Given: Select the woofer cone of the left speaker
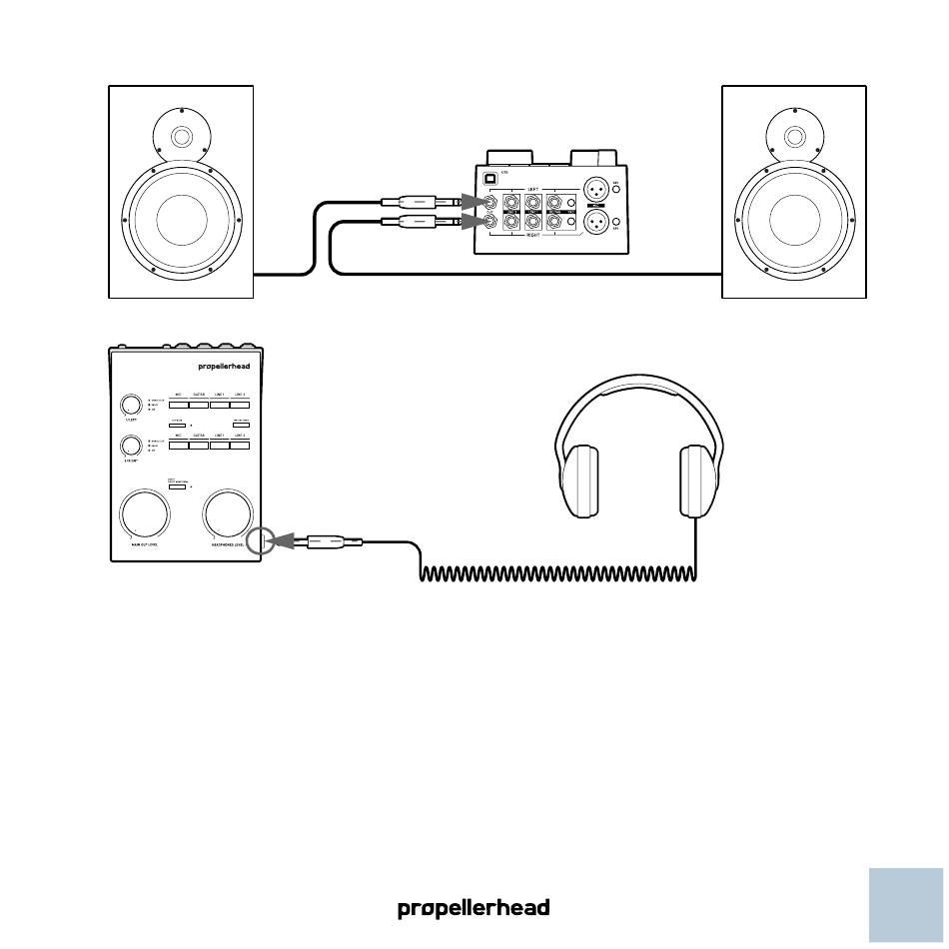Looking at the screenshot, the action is point(182,219).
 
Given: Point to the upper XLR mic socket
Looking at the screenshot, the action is point(594,189).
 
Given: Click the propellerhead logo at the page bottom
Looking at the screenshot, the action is point(474,909).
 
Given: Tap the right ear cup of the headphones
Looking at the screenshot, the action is point(698,482).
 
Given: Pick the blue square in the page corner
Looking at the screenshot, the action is point(906,905).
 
